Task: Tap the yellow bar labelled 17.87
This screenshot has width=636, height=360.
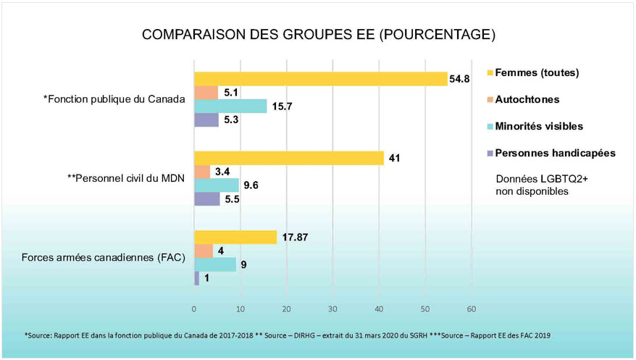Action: point(235,237)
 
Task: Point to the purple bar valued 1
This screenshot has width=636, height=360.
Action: point(196,278)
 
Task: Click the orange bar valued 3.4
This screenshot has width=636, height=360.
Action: point(202,172)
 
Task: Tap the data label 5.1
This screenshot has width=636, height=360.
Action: point(233,93)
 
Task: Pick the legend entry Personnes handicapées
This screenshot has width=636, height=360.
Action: point(551,153)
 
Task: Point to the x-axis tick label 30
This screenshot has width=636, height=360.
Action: point(332,309)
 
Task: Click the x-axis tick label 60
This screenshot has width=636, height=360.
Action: point(471,309)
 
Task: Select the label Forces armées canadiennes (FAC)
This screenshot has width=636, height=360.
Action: point(104,257)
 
